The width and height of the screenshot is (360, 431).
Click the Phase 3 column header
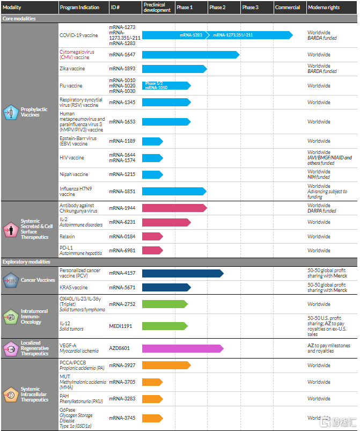(250, 8)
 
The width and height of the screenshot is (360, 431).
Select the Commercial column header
(288, 8)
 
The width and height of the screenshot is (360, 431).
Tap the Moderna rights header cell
(324, 8)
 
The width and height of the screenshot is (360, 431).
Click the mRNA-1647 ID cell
(122, 55)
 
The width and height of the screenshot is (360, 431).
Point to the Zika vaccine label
(72, 69)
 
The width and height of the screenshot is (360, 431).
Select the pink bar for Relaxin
(152, 236)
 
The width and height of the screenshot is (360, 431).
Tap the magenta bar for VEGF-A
(182, 348)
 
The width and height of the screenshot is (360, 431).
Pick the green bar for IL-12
(164, 326)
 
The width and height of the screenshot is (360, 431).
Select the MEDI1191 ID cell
(121, 326)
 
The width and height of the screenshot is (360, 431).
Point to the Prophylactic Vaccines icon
(10, 112)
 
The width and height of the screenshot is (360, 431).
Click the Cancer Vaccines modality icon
(11, 280)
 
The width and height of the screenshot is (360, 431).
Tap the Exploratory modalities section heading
(26, 262)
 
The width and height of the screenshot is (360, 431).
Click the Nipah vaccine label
(74, 174)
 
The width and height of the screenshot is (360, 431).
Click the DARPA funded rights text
(322, 211)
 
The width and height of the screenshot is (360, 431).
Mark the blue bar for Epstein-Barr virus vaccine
(152, 141)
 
